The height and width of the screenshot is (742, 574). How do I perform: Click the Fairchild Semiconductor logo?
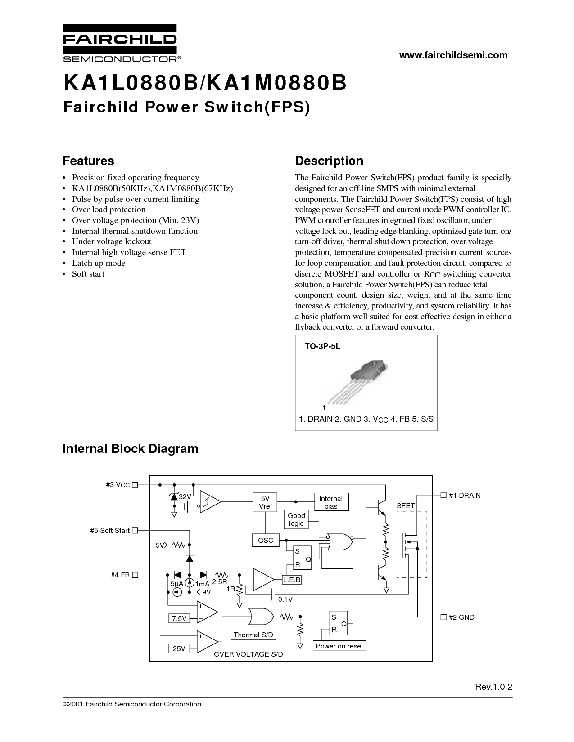[122, 43]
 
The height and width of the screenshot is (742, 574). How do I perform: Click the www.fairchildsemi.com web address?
[453, 55]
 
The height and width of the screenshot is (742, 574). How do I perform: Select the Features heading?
[88, 161]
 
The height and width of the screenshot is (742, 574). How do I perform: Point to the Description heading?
[329, 161]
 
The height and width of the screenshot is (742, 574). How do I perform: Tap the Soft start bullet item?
[88, 274]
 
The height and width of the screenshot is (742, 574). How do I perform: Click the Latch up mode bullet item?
[99, 263]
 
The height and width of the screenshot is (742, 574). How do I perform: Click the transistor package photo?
[357, 381]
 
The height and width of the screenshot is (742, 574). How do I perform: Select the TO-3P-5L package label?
[322, 346]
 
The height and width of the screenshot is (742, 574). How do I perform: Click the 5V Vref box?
[265, 502]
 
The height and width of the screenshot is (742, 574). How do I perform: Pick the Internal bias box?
[331, 502]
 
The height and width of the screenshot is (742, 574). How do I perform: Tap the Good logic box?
[296, 519]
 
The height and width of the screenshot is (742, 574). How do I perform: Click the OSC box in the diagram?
[266, 540]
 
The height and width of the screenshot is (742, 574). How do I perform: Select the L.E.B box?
[292, 580]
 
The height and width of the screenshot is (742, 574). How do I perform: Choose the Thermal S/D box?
[253, 635]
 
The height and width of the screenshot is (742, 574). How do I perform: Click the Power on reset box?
[339, 646]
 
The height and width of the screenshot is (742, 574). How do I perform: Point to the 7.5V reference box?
[179, 618]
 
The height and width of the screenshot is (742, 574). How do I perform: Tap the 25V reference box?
[179, 648]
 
